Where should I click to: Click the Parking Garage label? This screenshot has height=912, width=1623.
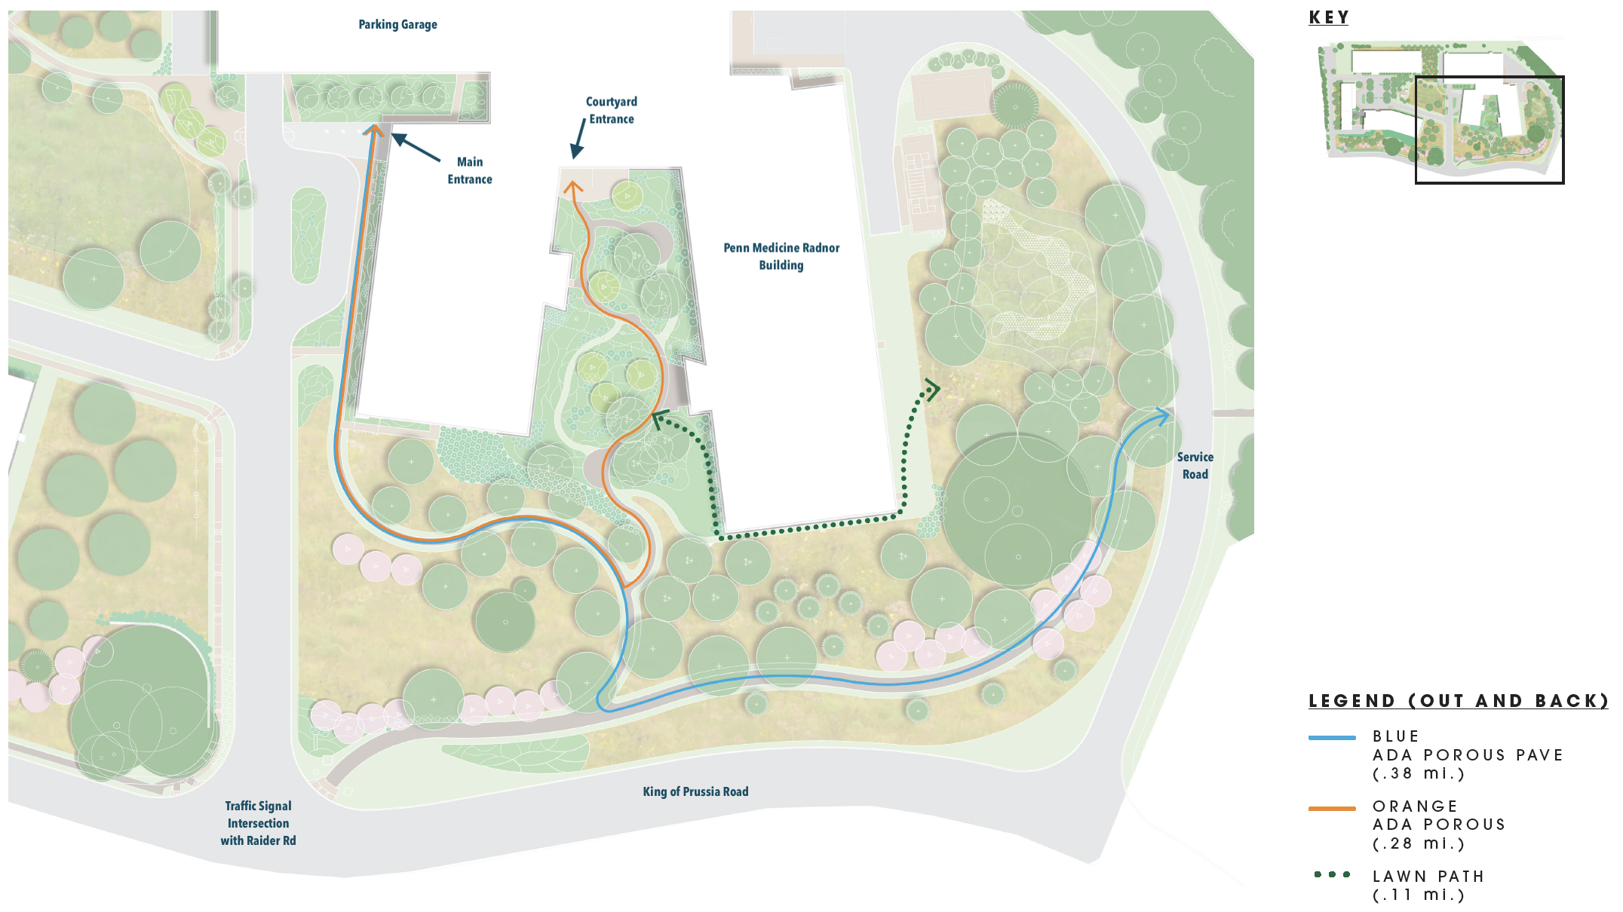click(397, 24)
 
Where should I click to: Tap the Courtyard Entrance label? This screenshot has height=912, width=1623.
click(612, 110)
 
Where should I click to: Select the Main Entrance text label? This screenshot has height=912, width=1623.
click(470, 170)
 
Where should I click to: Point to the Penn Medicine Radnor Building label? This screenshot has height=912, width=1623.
click(781, 256)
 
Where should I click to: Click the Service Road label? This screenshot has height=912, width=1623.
click(1195, 466)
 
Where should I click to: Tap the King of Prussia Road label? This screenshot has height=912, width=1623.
click(695, 791)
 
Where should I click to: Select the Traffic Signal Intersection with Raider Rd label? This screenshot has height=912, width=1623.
click(258, 823)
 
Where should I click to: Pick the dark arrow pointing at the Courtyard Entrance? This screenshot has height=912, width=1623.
click(578, 140)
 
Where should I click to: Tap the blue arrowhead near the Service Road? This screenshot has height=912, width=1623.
click(1161, 415)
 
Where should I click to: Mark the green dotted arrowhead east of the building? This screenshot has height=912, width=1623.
click(932, 390)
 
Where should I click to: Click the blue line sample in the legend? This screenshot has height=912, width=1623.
click(1332, 737)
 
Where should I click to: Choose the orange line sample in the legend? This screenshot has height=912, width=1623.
click(1332, 808)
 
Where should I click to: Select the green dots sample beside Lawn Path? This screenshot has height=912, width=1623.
click(1332, 874)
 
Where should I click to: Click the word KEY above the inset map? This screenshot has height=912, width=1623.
click(1329, 17)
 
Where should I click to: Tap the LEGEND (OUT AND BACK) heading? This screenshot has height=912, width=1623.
click(1459, 701)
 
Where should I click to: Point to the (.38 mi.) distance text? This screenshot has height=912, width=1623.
click(1418, 773)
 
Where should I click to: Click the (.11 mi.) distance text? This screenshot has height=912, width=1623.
click(1418, 895)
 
